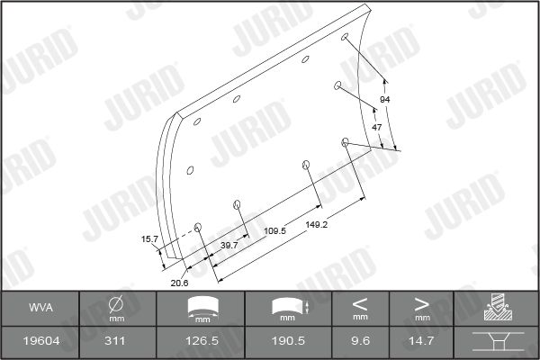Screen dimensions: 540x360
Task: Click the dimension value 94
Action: [384, 100]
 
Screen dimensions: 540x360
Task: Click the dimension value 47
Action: [377, 128]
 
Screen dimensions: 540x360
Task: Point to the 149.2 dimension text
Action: [316, 225]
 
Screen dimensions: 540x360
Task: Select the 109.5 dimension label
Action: [274, 230]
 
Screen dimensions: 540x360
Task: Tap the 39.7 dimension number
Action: [229, 246]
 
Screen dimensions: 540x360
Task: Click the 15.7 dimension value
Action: [149, 239]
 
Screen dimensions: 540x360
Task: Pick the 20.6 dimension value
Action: [179, 283]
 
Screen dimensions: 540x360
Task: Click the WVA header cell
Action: [40, 308]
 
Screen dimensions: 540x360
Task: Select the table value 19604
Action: [41, 341]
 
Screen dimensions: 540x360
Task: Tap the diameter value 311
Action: [114, 341]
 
